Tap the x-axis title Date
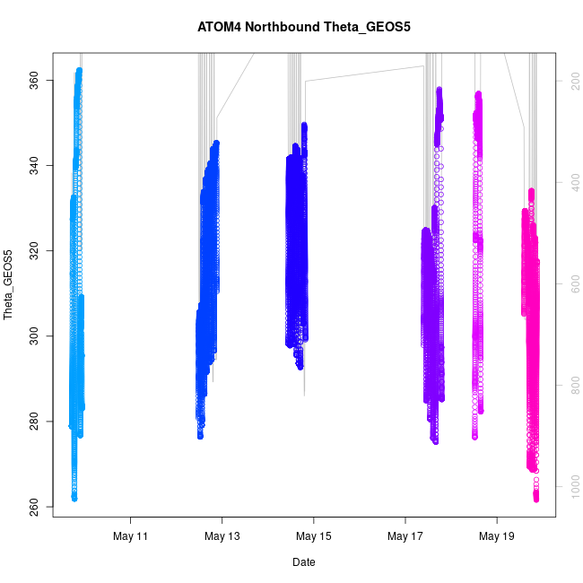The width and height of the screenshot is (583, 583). click(x=303, y=562)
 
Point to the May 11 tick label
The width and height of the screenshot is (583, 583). click(x=131, y=537)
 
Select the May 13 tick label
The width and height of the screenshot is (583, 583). click(x=222, y=537)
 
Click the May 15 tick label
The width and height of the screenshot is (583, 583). click(x=314, y=537)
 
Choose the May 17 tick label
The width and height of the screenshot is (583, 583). click(x=405, y=537)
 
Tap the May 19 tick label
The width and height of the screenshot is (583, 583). click(x=497, y=537)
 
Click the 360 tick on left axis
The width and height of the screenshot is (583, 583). click(x=36, y=82)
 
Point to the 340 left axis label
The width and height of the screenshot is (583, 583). click(x=36, y=164)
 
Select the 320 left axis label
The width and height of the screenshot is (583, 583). click(x=36, y=250)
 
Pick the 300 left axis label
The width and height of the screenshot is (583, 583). click(x=36, y=335)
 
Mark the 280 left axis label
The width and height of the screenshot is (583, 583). click(x=36, y=422)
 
